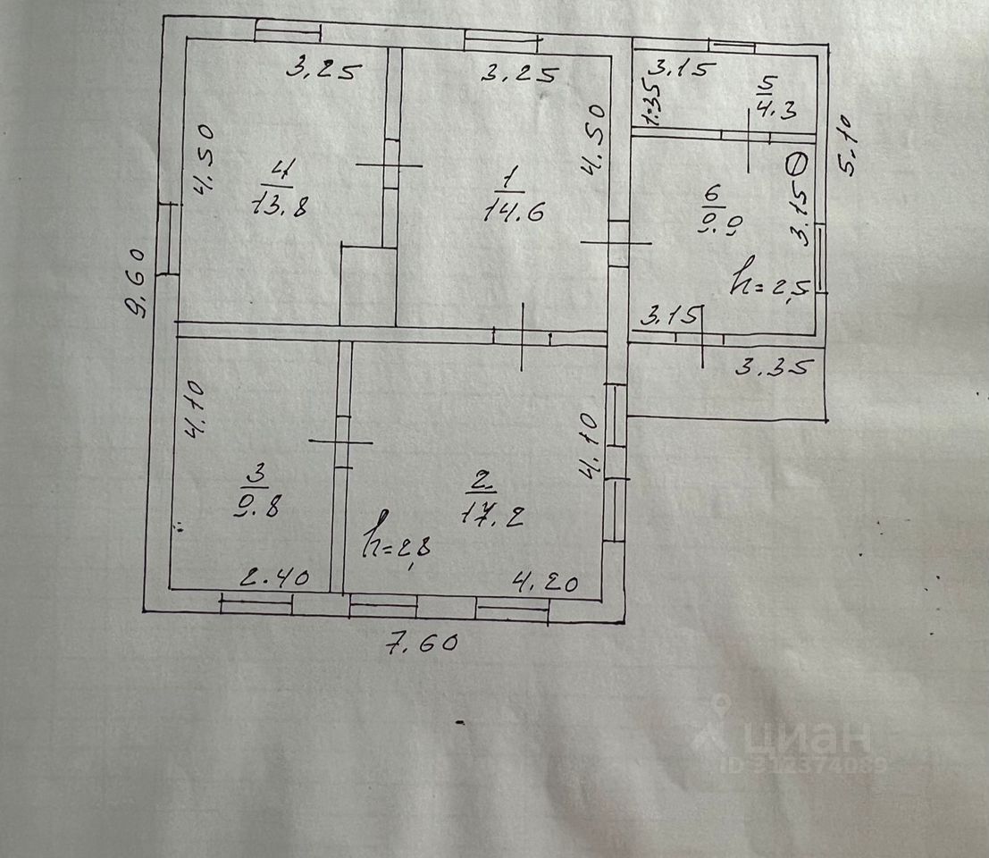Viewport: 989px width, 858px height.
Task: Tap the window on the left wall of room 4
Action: pyautogui.click(x=167, y=239)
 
